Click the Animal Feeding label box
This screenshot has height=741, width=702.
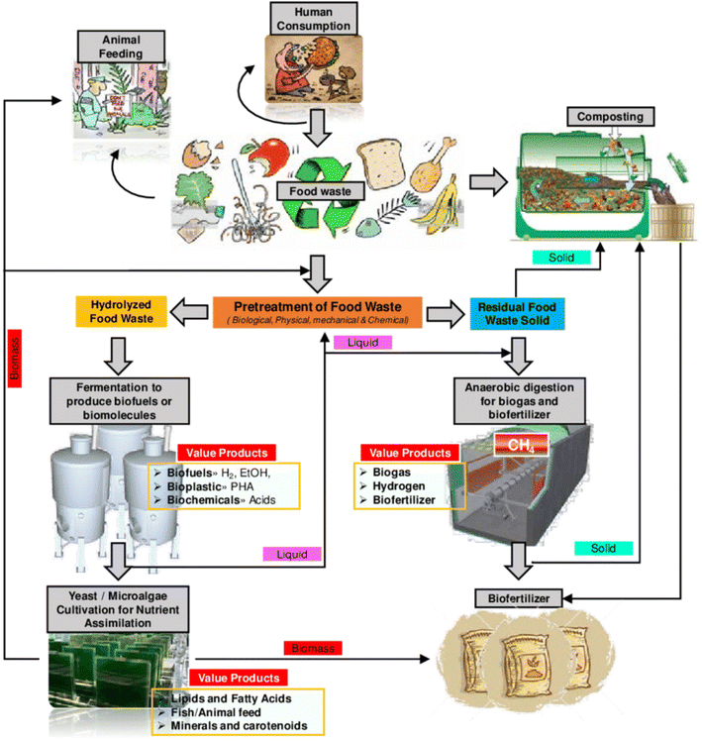click(113, 44)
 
